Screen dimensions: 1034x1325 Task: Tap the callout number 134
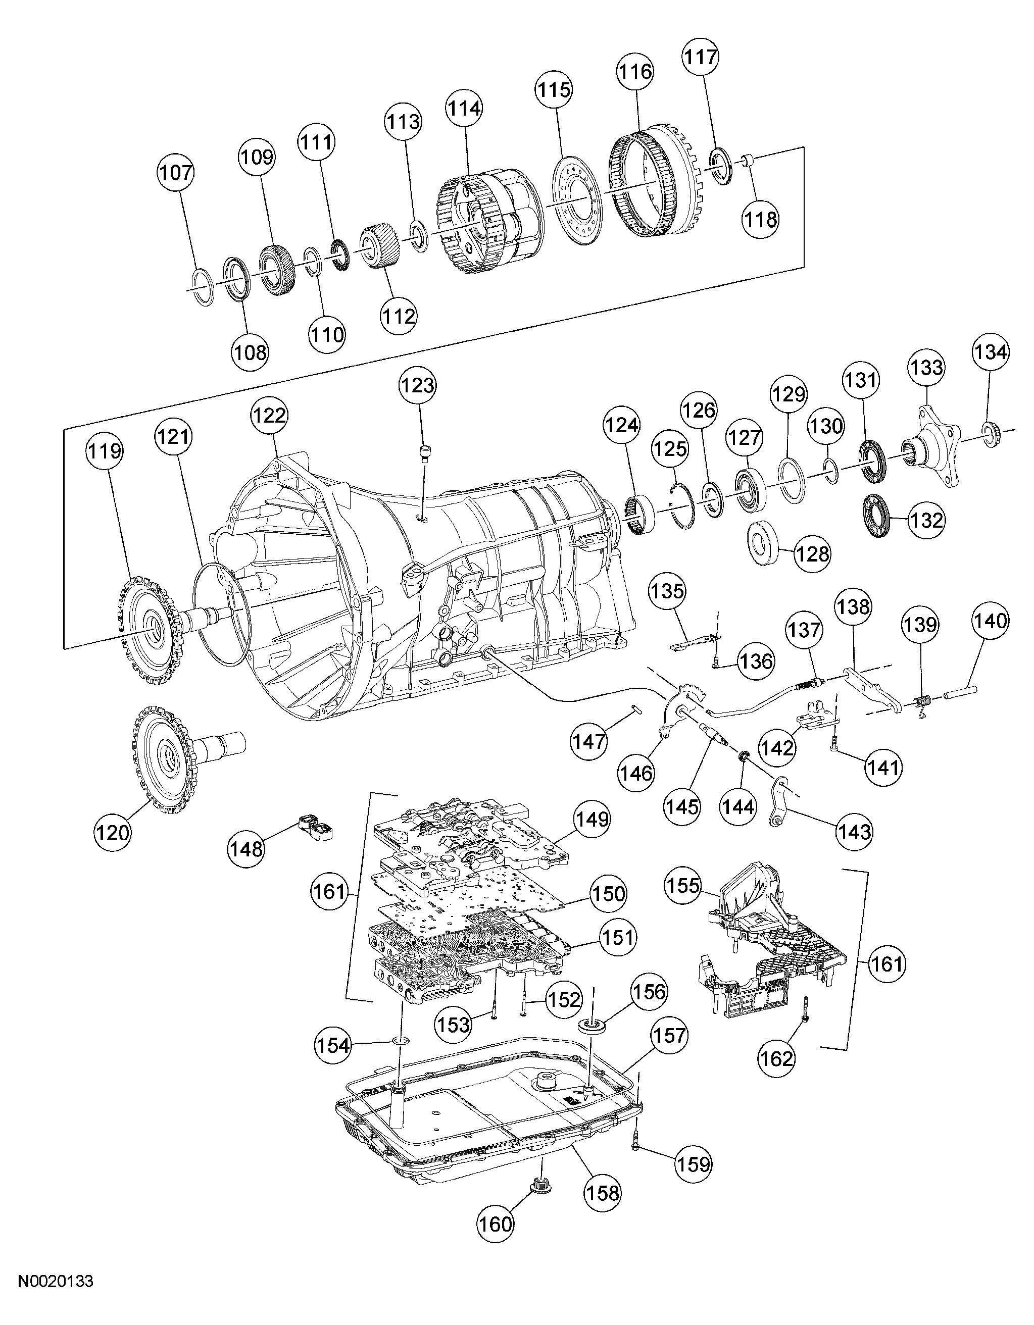click(991, 352)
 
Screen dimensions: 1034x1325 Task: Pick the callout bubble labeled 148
click(247, 848)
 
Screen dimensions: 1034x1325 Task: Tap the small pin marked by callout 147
click(635, 707)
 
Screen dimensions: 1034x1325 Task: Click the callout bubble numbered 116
click(635, 72)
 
